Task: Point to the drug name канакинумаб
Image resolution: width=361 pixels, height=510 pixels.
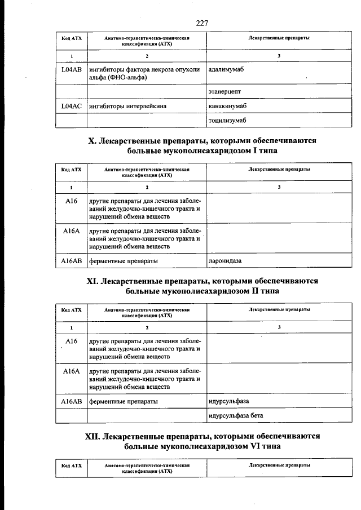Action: pyautogui.click(x=228, y=105)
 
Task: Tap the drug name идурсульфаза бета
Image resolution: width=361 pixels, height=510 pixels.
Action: pyautogui.click(x=235, y=415)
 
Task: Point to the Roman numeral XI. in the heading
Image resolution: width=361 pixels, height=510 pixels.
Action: pyautogui.click(x=92, y=281)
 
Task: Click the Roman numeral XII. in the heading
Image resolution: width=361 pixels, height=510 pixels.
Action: pyautogui.click(x=92, y=436)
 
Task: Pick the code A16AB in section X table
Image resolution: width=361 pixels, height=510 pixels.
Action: pyautogui.click(x=71, y=261)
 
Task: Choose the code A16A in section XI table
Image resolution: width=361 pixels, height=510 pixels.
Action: pyautogui.click(x=71, y=371)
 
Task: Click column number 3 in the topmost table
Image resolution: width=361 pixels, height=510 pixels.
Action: pyautogui.click(x=279, y=56)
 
